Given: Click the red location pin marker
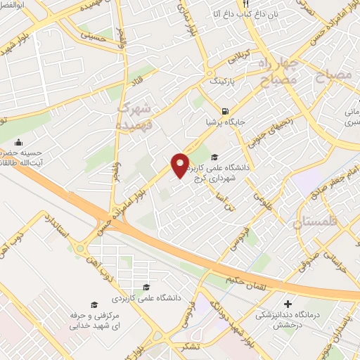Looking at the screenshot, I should click(x=181, y=165).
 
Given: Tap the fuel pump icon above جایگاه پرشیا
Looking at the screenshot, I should click(x=224, y=110).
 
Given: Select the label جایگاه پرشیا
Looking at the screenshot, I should click(x=224, y=121).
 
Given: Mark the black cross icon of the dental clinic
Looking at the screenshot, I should click(x=287, y=304).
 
